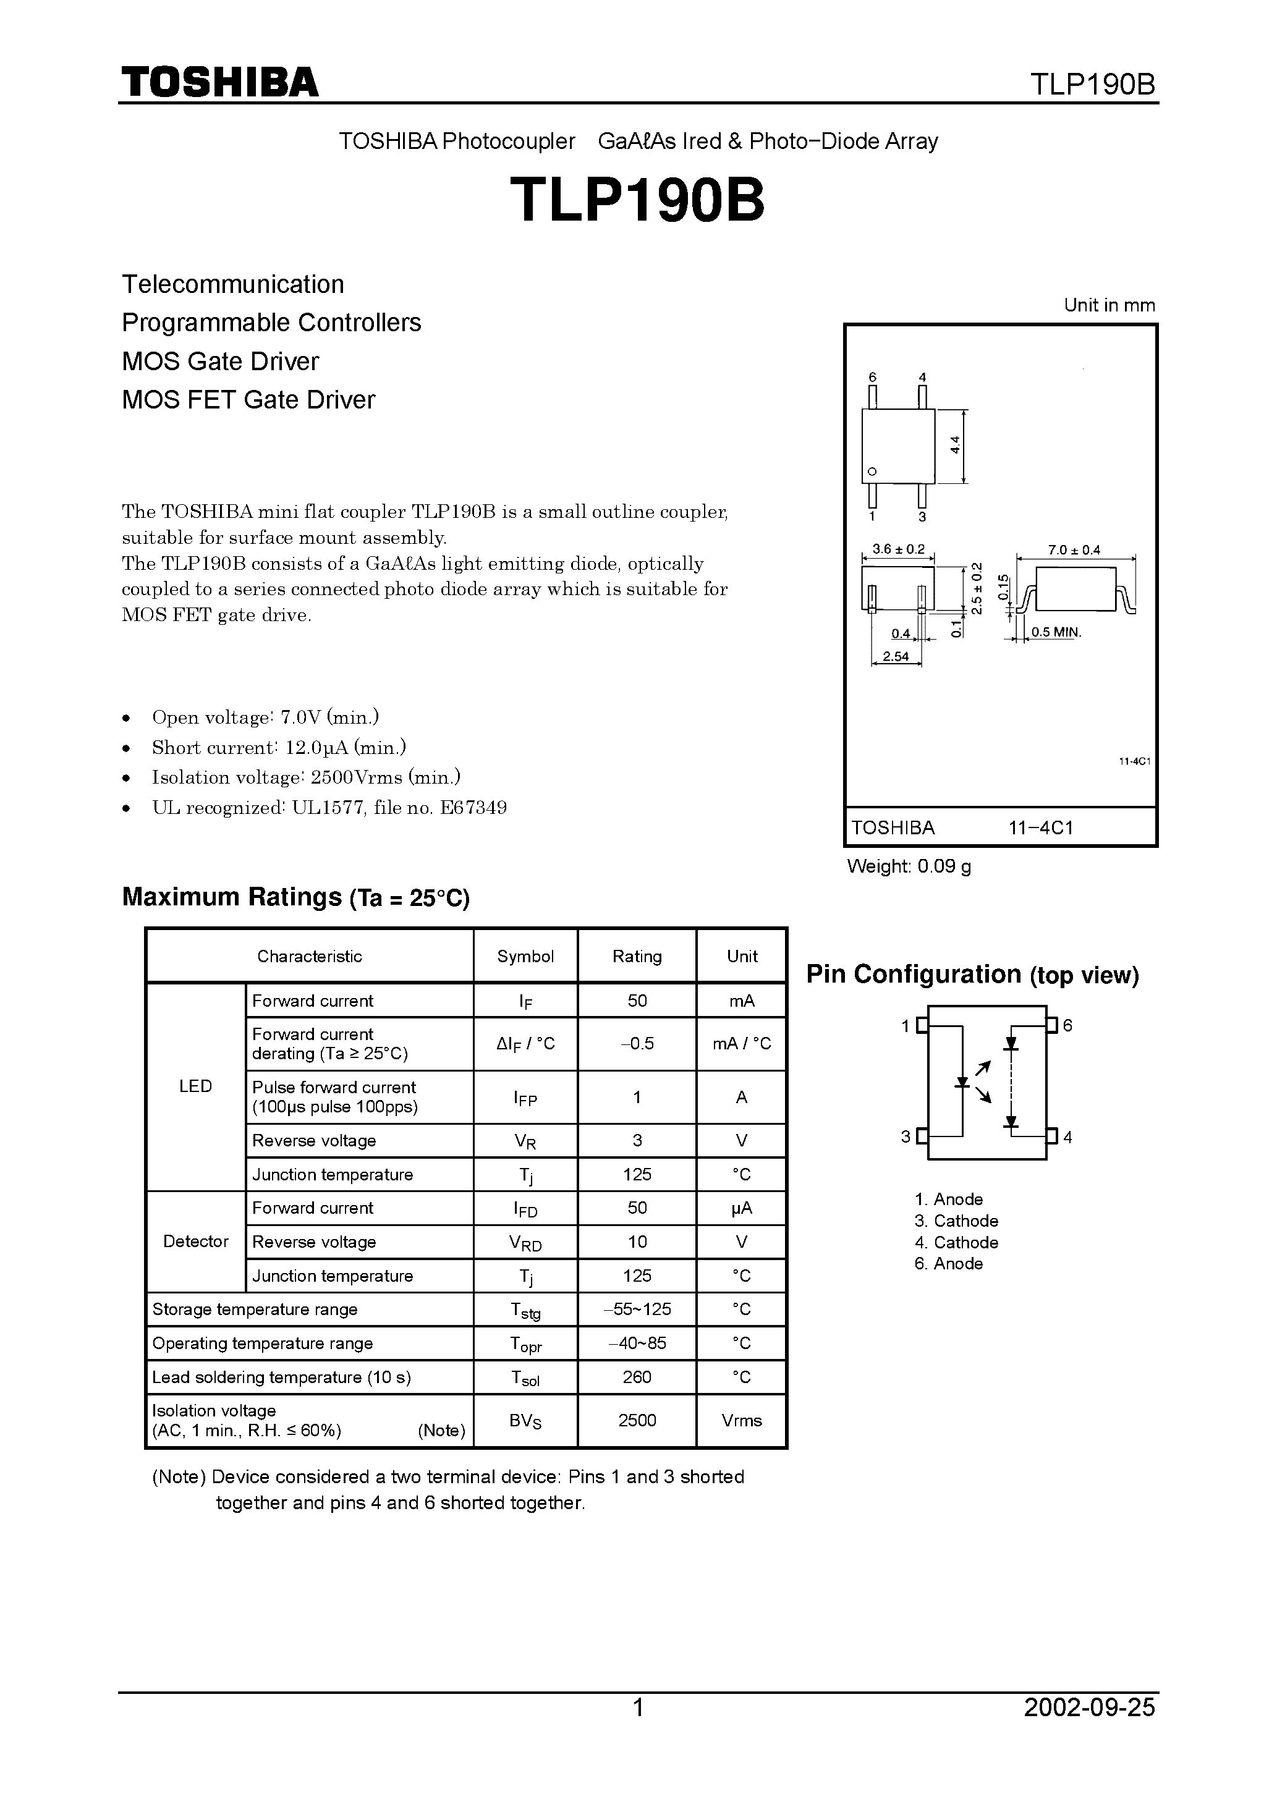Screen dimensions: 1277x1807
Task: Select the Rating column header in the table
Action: [636, 956]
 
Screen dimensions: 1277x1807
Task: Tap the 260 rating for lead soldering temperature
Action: [636, 1376]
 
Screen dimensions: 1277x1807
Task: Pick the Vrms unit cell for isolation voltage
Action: [742, 1421]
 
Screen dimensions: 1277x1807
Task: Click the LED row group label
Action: [195, 1086]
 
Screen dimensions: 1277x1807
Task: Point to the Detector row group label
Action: [195, 1241]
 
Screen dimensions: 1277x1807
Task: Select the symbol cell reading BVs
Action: [525, 1421]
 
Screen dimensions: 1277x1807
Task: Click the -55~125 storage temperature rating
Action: [636, 1309]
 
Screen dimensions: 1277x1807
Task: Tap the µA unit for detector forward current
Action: [742, 1208]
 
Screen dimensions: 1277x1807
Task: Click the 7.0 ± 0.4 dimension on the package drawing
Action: [1074, 550]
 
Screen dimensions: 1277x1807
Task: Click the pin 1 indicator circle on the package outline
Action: [872, 472]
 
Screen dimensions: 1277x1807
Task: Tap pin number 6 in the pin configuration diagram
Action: [1067, 1025]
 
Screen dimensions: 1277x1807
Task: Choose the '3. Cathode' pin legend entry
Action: [956, 1221]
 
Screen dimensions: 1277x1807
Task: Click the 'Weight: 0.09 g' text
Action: [909, 866]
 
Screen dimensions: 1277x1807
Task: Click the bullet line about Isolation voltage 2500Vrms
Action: [305, 777]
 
